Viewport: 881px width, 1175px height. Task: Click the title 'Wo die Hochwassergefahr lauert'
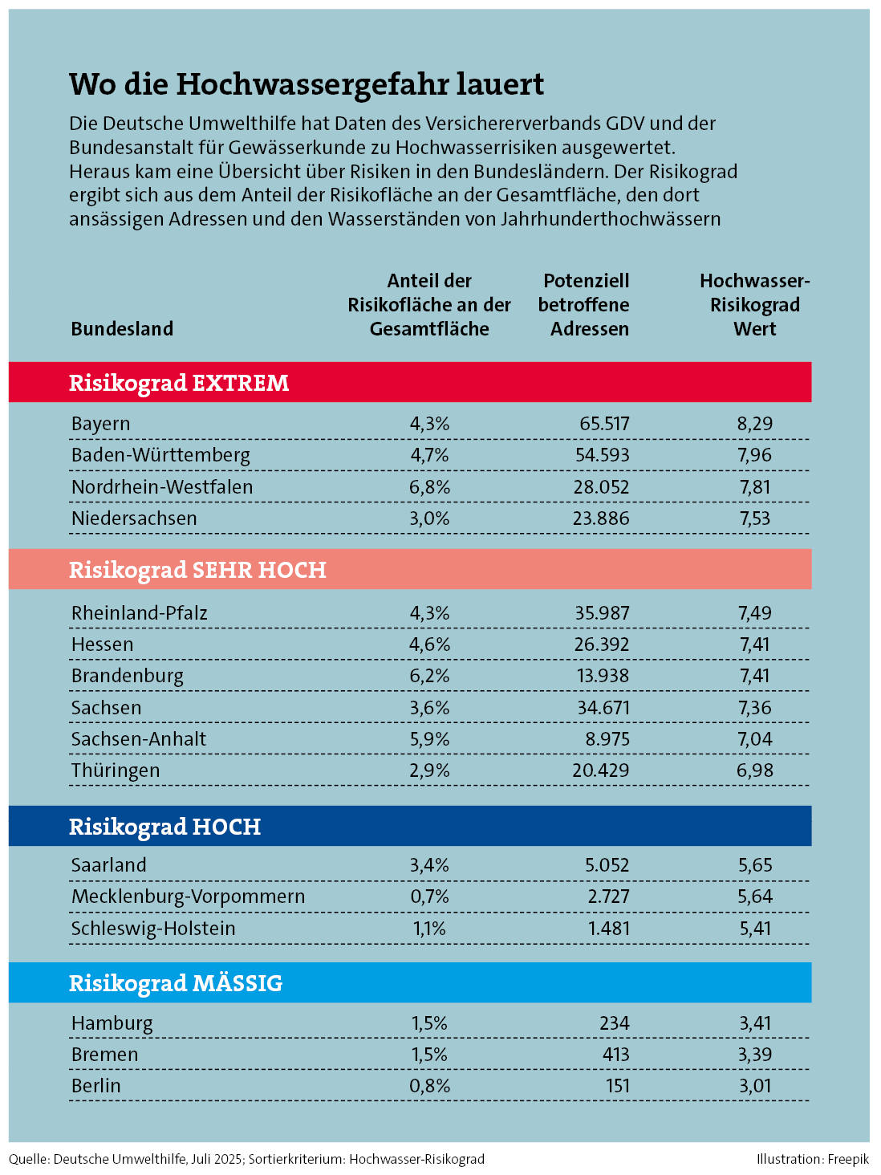click(x=307, y=84)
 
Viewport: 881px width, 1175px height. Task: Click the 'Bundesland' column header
click(x=122, y=329)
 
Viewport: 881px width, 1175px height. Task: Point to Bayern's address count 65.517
click(x=604, y=424)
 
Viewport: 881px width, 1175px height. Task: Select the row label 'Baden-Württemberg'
click(x=160, y=455)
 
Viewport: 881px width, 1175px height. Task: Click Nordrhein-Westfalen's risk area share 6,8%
click(x=429, y=487)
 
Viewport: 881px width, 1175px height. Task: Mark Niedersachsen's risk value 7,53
click(x=754, y=518)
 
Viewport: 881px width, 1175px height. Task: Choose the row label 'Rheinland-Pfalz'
click(x=139, y=613)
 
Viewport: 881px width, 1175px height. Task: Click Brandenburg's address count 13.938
click(x=603, y=676)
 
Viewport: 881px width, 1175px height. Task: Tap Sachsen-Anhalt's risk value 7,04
click(x=754, y=739)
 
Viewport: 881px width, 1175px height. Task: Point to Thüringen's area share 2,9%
click(x=429, y=770)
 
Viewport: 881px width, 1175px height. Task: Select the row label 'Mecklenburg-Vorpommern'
click(x=188, y=896)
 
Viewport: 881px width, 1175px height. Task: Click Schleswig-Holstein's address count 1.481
click(x=608, y=929)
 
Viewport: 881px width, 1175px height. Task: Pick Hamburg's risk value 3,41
click(x=754, y=1023)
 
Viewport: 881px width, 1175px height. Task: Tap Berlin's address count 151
click(x=615, y=1086)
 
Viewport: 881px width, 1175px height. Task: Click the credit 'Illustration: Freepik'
click(x=812, y=1159)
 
